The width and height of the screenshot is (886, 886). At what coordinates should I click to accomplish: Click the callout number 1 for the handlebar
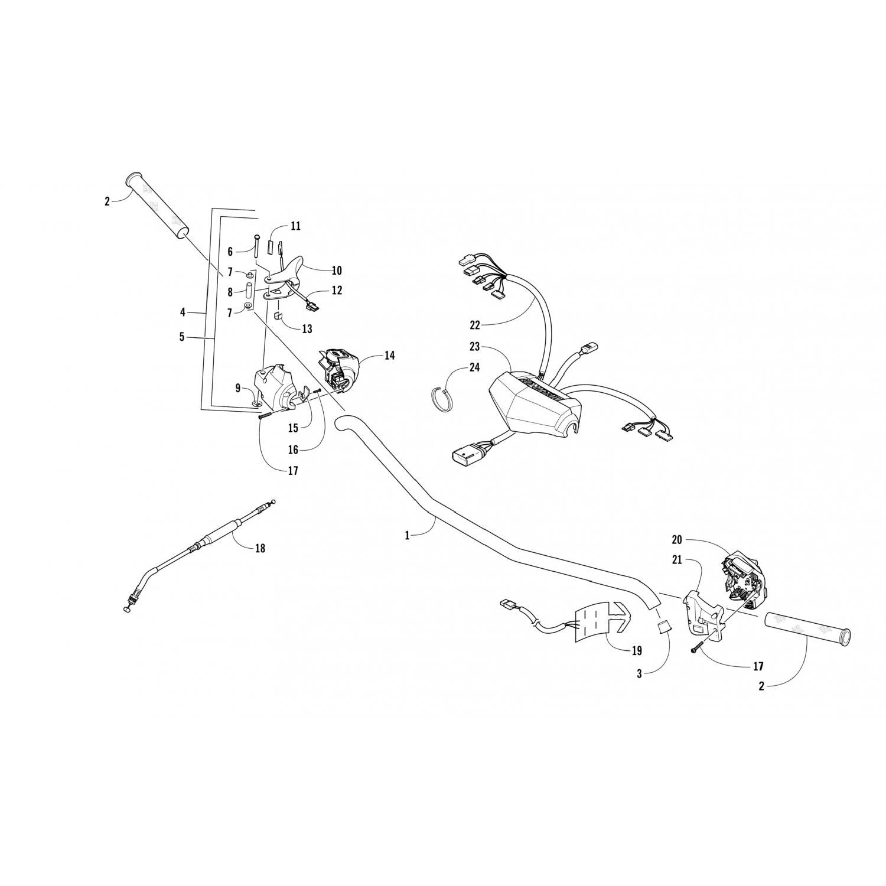click(x=407, y=535)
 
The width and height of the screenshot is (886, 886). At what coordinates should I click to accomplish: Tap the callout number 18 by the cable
click(x=260, y=548)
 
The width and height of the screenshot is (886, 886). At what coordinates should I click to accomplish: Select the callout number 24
click(x=474, y=367)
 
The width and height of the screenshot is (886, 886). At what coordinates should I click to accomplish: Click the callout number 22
click(x=475, y=324)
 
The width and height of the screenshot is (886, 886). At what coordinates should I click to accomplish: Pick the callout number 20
click(x=677, y=539)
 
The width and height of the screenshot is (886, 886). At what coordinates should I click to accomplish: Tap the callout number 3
click(x=639, y=674)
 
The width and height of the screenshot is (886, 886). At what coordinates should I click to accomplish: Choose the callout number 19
click(x=636, y=651)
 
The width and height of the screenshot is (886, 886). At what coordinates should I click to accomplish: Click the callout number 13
click(x=307, y=329)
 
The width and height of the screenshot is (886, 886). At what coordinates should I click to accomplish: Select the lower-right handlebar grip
click(x=807, y=628)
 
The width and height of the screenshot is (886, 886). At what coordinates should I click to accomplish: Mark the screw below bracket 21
click(x=695, y=648)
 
